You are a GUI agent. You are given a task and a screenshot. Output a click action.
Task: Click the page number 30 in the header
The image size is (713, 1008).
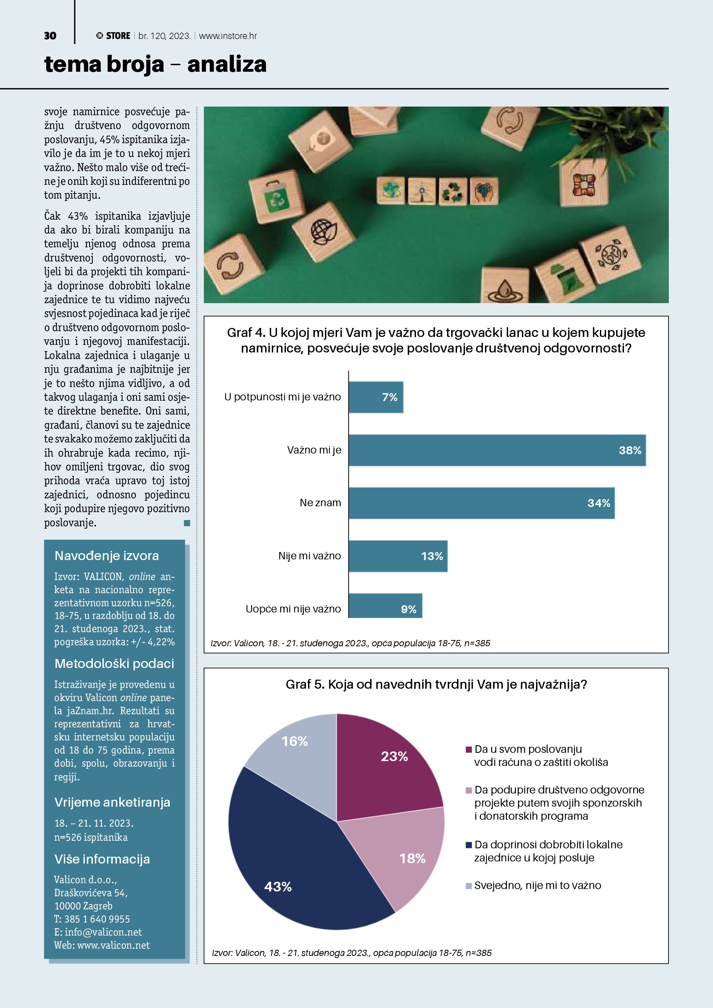click(x=50, y=36)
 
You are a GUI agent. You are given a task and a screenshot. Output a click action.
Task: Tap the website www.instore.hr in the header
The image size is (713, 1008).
click(x=228, y=36)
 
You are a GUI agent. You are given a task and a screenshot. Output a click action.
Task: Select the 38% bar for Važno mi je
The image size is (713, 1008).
click(x=497, y=450)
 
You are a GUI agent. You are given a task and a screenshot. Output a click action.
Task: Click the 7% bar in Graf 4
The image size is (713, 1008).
click(x=376, y=397)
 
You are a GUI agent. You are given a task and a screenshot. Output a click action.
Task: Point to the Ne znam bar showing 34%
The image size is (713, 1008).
click(x=481, y=503)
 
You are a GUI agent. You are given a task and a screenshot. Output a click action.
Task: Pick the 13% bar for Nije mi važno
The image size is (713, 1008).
click(x=398, y=556)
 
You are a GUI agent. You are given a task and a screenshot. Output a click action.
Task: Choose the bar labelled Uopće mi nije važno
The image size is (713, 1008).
click(x=385, y=606)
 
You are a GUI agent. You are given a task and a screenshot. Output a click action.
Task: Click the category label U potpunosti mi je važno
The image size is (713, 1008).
click(x=282, y=397)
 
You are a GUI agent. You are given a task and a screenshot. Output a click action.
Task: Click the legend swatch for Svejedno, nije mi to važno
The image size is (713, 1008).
click(x=468, y=886)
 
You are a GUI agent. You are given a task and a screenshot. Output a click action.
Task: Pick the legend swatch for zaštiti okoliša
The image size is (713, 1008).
click(x=468, y=749)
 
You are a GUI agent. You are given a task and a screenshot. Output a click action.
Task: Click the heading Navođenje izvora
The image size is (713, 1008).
click(x=107, y=556)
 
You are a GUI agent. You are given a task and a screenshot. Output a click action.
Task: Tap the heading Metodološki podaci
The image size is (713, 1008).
click(x=114, y=663)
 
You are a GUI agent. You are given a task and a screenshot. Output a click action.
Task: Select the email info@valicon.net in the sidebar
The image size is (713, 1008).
click(x=103, y=932)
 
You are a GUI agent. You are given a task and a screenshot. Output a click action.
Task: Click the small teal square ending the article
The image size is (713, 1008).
click(x=187, y=523)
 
